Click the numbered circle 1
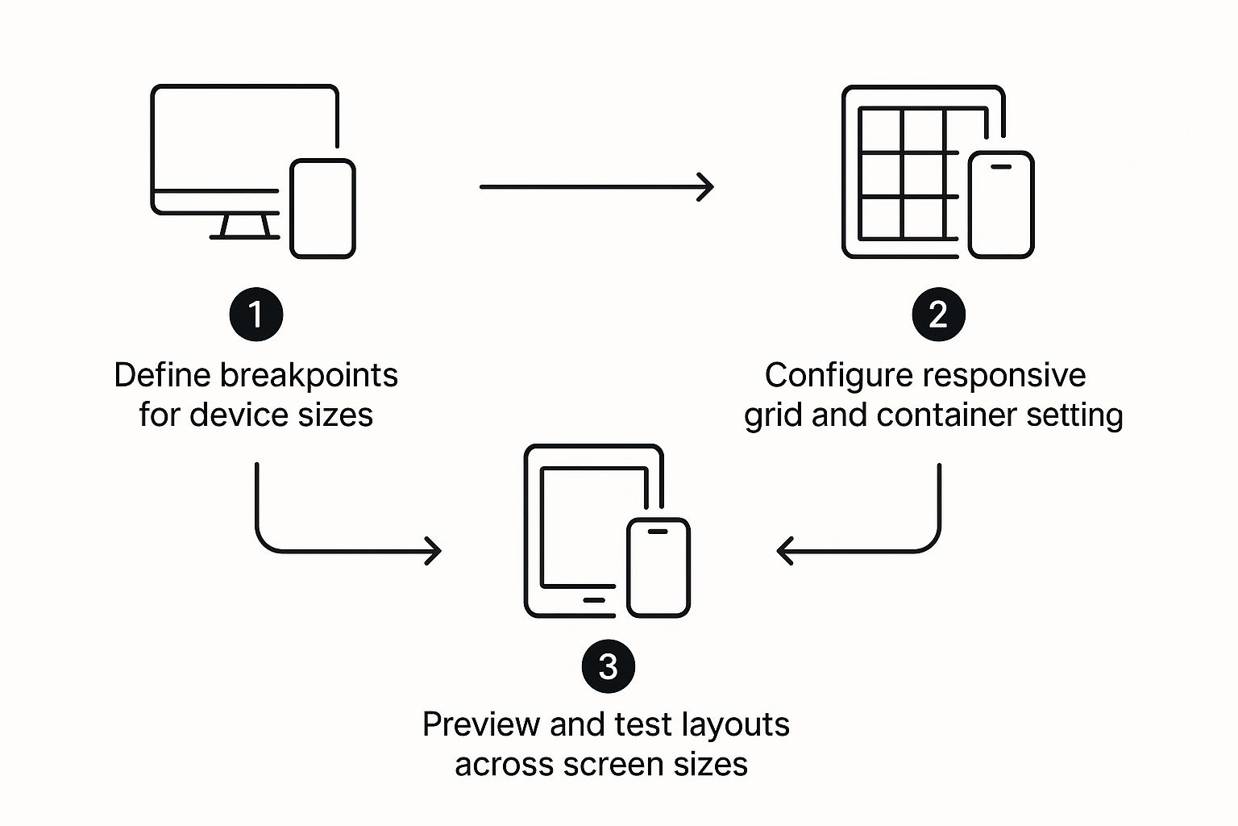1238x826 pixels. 255,315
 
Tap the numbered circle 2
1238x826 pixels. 938,315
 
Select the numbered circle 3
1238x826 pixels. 608,666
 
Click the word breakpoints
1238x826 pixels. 309,376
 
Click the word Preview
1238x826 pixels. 481,724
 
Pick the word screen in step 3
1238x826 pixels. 613,766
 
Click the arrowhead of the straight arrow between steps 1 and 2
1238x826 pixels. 705,187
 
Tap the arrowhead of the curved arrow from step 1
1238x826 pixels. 434,551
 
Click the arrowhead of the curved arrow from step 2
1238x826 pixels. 785,551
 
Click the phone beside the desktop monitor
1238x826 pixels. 322,209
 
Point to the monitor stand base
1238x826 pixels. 244,237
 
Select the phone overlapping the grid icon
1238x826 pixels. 1001,205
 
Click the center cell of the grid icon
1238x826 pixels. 922,174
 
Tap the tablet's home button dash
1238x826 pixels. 594,600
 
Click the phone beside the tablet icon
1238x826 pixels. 658,568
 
